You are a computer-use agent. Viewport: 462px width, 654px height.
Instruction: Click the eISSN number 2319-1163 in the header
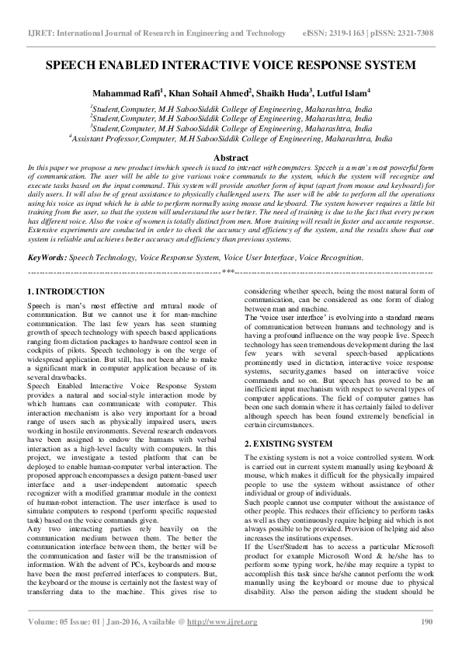(350, 33)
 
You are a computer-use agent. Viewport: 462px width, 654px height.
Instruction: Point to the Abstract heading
(231, 157)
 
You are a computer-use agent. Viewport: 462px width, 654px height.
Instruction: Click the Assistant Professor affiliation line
(231, 141)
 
